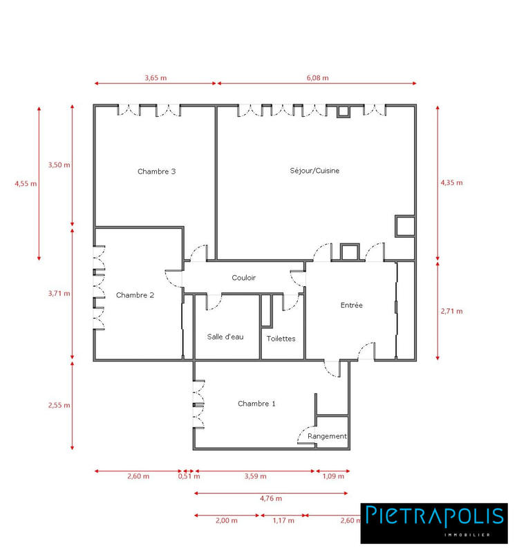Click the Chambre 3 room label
click(x=156, y=171)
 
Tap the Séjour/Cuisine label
click(x=314, y=170)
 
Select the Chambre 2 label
click(x=135, y=295)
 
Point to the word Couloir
click(x=243, y=278)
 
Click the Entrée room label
click(x=351, y=305)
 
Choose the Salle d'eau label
click(x=225, y=337)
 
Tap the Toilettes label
click(x=281, y=339)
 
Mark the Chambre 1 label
click(x=256, y=404)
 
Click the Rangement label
click(x=327, y=437)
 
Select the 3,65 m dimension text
click(x=156, y=78)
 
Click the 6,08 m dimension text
click(x=317, y=78)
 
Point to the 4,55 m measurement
click(x=26, y=184)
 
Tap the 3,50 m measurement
click(x=59, y=165)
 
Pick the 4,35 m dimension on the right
click(x=451, y=183)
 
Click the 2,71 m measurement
click(x=451, y=311)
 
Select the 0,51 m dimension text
click(x=189, y=476)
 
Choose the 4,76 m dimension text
click(x=270, y=498)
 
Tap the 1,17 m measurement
click(x=283, y=521)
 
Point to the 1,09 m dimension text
click(x=333, y=476)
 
